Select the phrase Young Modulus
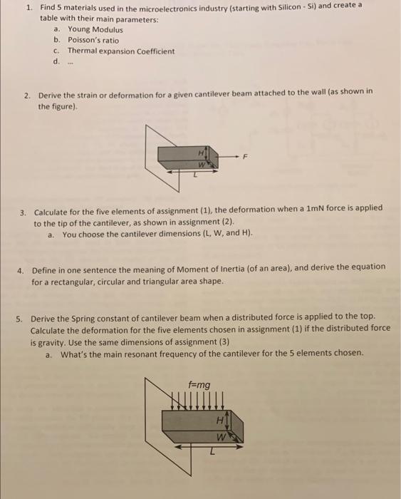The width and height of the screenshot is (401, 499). tap(95, 29)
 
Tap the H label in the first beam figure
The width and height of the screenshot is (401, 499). tap(202, 152)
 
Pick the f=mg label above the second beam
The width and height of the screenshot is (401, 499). tap(199, 385)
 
